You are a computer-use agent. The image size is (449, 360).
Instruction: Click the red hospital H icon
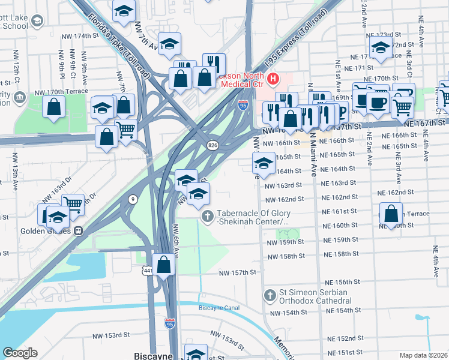(x=274, y=79)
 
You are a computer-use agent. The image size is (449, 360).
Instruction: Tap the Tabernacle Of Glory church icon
(x=207, y=217)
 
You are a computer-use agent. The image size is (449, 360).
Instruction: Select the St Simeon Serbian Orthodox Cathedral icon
(x=270, y=295)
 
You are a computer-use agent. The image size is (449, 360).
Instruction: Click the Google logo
(x=20, y=353)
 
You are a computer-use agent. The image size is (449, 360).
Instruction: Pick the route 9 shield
(x=131, y=199)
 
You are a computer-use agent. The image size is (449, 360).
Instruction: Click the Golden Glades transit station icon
(x=78, y=231)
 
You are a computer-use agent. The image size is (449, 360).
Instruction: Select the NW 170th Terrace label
(x=61, y=92)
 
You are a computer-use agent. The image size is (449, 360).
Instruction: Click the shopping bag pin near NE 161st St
(x=391, y=214)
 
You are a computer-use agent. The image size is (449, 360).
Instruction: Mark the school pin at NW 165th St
(x=264, y=162)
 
